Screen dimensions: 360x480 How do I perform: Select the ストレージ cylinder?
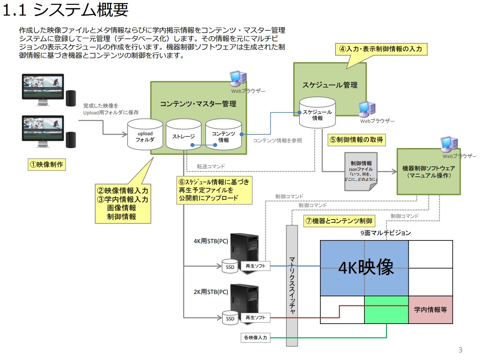pos(184,135)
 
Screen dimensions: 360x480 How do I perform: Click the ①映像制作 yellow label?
pos(47,164)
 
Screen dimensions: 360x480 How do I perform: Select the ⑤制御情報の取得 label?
pos(356,140)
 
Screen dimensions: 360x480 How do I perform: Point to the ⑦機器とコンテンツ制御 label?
pos(339,221)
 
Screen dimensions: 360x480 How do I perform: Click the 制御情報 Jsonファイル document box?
pos(361,171)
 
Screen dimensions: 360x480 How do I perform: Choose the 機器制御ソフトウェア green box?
pos(428,172)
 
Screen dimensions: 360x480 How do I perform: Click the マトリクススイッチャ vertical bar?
pos(292,285)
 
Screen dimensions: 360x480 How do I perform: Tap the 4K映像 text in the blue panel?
pos(366,268)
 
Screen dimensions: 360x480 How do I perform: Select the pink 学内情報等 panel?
pos(430,310)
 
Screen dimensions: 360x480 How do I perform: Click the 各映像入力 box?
pos(255,338)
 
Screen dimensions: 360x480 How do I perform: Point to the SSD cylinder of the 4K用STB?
pos(230,266)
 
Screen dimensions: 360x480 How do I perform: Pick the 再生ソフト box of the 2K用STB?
pos(255,318)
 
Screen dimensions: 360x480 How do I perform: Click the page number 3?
pos(460,350)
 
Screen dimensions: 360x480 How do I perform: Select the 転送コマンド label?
pos(211,166)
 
